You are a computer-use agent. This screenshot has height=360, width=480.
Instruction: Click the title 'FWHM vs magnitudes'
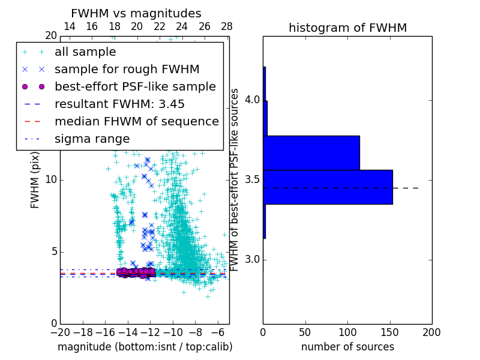click(x=136, y=13)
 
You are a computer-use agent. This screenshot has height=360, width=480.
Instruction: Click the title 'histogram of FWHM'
click(x=347, y=28)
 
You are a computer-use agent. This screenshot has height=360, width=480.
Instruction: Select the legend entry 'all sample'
click(x=85, y=52)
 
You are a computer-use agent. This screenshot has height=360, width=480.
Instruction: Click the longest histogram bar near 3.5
click(x=328, y=187)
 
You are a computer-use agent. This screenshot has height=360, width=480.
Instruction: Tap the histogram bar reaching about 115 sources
click(x=311, y=153)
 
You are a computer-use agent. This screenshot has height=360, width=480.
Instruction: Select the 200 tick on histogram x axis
click(x=431, y=332)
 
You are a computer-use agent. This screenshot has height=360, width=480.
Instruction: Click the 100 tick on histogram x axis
click(x=347, y=332)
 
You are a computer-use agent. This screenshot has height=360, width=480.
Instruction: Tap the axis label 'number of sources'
click(x=347, y=347)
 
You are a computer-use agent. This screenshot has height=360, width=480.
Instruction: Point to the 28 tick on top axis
click(x=227, y=26)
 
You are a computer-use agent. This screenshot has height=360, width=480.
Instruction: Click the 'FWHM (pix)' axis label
click(x=35, y=180)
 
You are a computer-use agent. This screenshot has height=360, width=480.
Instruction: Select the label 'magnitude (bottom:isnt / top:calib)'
click(x=145, y=347)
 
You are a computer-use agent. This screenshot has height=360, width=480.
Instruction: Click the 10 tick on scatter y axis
click(x=50, y=180)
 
